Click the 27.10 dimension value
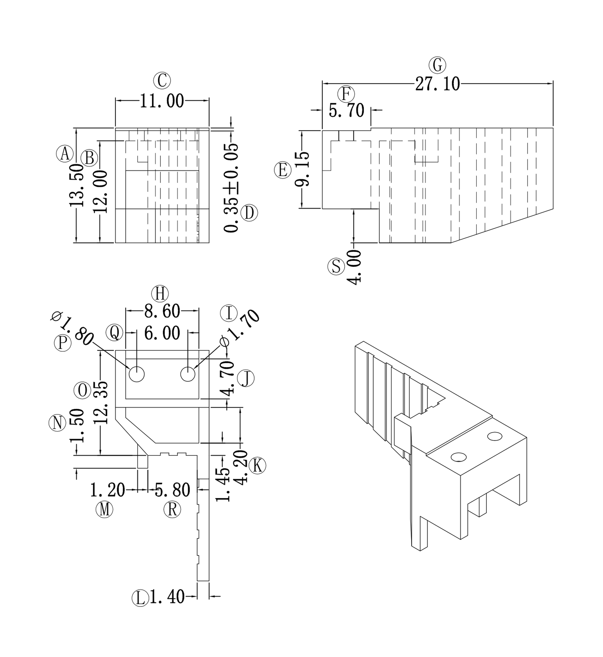coord(437,84)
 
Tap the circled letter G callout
coord(437,65)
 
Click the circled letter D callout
coord(249,213)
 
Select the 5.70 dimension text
coord(346,110)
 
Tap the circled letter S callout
coord(336,267)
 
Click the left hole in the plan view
coord(137,374)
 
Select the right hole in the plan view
coord(188,374)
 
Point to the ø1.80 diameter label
coord(72,329)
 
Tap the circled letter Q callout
coord(115,333)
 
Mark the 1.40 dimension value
coord(167,597)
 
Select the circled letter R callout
coord(172,509)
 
